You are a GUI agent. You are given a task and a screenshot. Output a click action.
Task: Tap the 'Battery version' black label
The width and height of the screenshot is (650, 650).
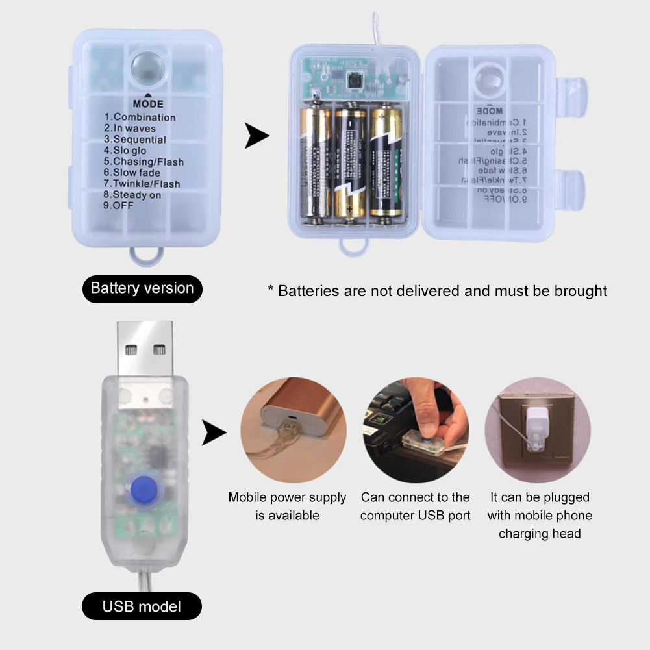[x=142, y=288]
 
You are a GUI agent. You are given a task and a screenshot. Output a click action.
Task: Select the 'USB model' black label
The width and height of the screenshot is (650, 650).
[x=142, y=607]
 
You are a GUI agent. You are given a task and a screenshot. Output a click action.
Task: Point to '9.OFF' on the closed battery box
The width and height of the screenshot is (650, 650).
[x=123, y=205]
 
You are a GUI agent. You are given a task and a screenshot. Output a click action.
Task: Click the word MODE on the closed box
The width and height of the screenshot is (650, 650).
[x=148, y=104]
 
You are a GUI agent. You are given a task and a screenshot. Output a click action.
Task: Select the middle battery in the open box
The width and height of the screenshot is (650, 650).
[x=351, y=162]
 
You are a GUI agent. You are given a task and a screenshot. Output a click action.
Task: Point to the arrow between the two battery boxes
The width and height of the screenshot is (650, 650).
[x=257, y=136]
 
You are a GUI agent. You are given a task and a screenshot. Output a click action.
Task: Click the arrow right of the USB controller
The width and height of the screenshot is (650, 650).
[x=214, y=432]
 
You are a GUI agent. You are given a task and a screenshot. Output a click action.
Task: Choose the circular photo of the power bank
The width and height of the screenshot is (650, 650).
[x=294, y=430]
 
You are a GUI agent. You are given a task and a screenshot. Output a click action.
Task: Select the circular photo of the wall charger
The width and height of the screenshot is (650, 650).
[x=538, y=430]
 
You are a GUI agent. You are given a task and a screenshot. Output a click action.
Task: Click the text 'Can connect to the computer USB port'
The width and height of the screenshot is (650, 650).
[x=416, y=506]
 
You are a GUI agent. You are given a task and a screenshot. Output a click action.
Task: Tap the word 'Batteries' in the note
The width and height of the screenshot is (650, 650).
[x=309, y=291]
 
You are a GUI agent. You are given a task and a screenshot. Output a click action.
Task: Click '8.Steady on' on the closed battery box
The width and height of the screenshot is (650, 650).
[x=137, y=195]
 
